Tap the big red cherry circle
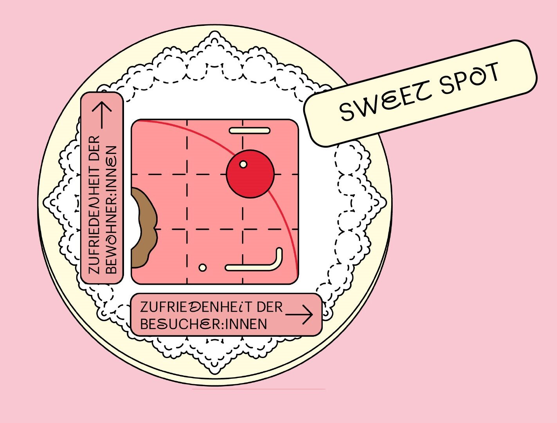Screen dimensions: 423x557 point(250,174)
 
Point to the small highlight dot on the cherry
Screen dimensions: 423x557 point(243,164)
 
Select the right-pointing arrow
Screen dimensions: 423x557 point(300,314)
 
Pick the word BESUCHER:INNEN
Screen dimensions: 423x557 point(203,324)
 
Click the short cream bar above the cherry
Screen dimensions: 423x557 point(250,130)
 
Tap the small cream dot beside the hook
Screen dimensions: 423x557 point(203,268)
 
